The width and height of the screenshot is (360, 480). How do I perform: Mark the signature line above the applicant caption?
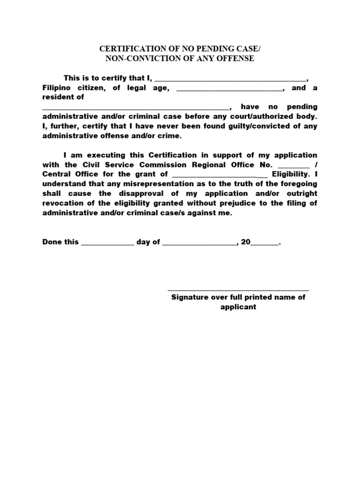(238, 291)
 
